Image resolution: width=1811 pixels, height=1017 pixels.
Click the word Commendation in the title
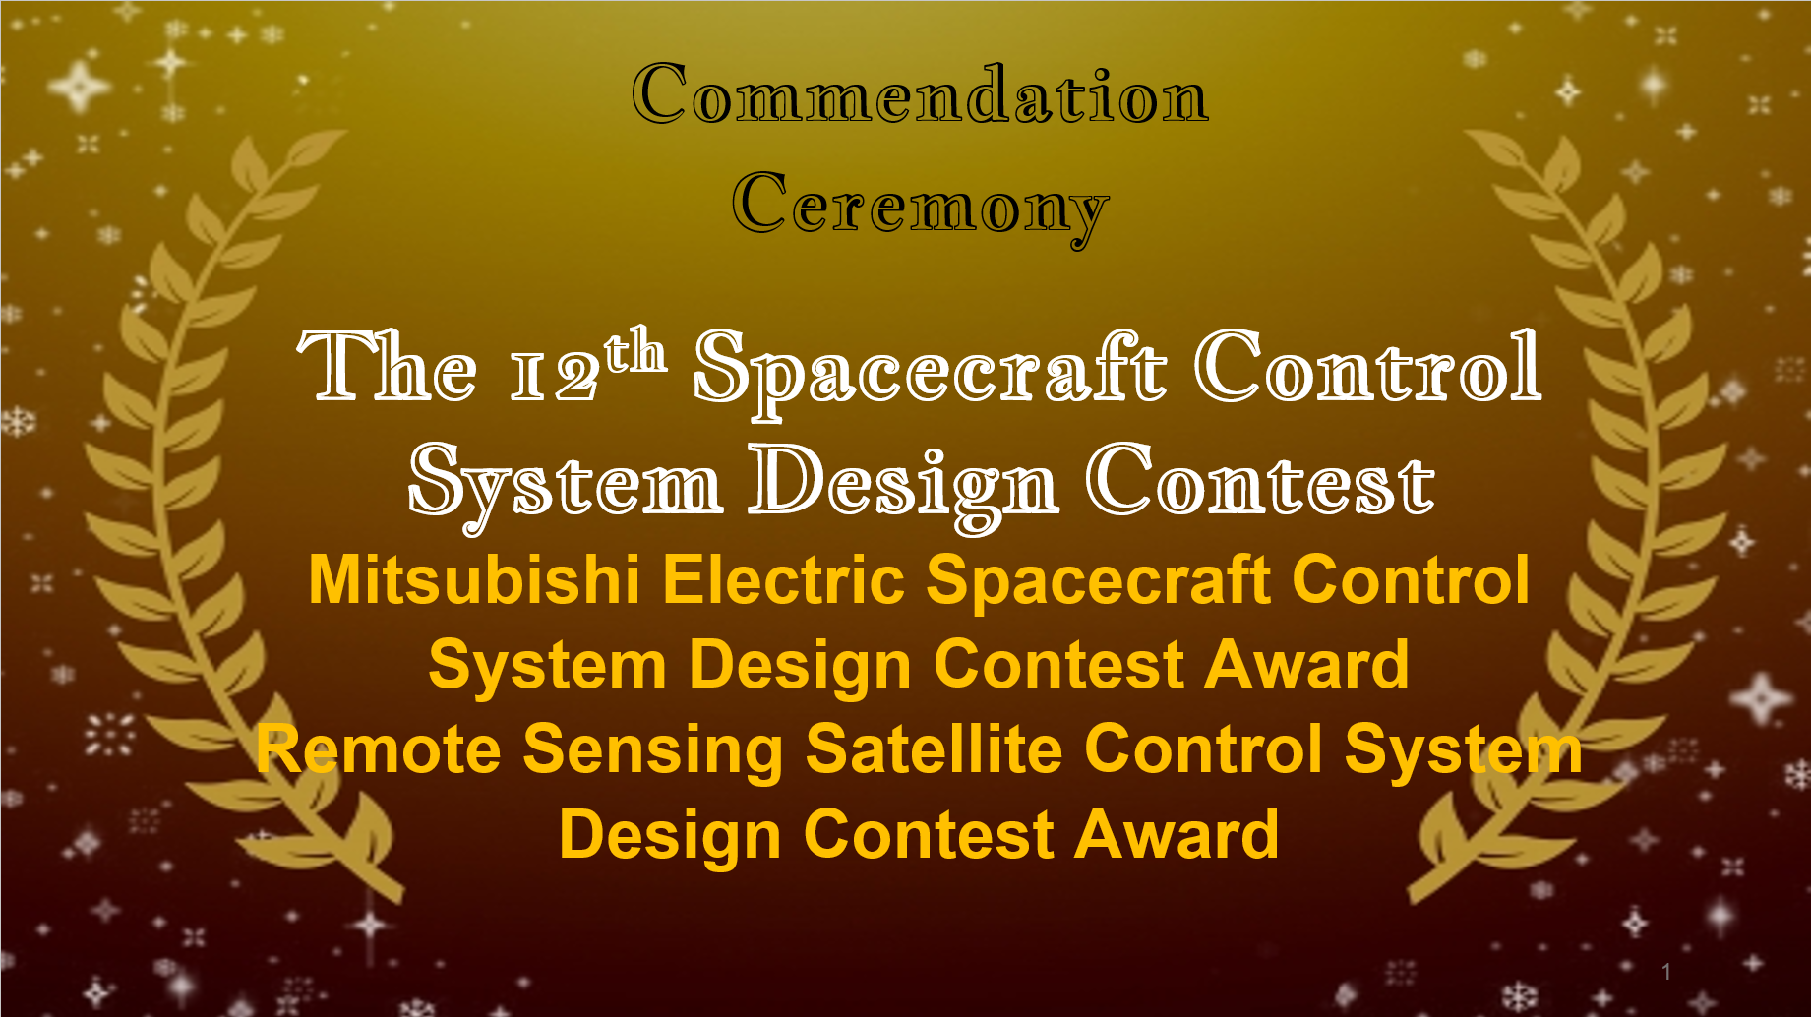click(920, 94)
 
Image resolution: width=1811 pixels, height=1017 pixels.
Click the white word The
click(388, 366)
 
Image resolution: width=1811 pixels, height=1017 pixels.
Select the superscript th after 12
click(635, 350)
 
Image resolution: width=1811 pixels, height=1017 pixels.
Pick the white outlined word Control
click(1368, 366)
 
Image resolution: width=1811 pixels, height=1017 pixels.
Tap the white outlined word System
click(566, 485)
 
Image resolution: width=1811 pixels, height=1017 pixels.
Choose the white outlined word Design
click(904, 485)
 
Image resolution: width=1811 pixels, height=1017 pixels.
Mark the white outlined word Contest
click(1260, 479)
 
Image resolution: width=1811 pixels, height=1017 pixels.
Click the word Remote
click(379, 749)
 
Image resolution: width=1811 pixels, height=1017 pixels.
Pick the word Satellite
click(934, 749)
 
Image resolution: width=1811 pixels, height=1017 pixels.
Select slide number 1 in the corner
click(1666, 972)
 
